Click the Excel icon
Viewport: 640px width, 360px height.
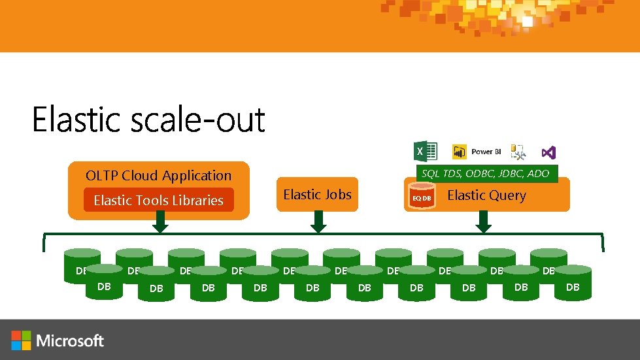tap(425, 152)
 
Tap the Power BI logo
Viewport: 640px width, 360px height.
tap(477, 152)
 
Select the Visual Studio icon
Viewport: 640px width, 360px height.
tap(548, 152)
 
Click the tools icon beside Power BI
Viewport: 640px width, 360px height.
tap(518, 152)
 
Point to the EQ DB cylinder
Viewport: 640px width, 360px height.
tap(421, 197)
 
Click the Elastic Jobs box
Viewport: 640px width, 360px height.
tap(317, 195)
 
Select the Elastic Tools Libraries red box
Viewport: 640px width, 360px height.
tap(158, 201)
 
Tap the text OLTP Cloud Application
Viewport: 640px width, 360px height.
tap(158, 175)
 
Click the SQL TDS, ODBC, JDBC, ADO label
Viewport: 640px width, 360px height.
tap(485, 173)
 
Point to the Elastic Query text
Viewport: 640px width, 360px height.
tap(486, 195)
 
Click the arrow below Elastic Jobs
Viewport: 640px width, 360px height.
tap(318, 222)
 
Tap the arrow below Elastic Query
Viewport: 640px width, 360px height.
tap(483, 222)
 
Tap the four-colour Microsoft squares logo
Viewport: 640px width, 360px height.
tap(21, 340)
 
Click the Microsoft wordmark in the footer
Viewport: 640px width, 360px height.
tap(71, 340)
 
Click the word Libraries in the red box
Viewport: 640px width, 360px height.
tap(197, 201)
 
